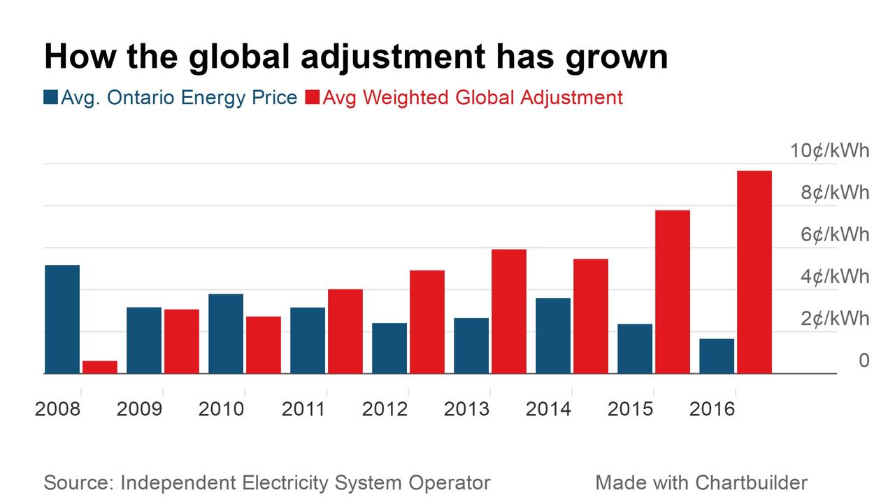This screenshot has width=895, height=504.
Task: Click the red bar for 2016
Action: click(754, 272)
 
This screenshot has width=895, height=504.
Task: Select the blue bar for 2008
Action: click(62, 319)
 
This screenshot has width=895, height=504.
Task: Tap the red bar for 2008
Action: click(99, 367)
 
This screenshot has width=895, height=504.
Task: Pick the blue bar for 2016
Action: click(716, 356)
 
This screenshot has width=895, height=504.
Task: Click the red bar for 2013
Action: click(508, 311)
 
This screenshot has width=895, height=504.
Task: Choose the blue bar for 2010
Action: click(225, 333)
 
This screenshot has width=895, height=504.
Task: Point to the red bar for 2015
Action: click(672, 291)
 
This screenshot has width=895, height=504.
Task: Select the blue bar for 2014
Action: click(552, 336)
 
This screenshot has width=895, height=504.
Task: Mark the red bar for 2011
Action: click(345, 331)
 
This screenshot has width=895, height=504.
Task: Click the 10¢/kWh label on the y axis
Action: click(830, 150)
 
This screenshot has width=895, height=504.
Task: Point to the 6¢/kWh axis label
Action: click(835, 234)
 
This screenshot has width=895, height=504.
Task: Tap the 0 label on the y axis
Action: click(864, 360)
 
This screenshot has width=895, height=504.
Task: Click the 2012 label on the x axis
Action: click(385, 409)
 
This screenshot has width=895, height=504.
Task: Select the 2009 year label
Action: click(139, 409)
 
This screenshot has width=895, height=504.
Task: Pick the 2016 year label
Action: click(712, 409)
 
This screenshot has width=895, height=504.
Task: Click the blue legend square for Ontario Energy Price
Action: click(50, 97)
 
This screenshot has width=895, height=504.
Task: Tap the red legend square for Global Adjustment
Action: click(312, 97)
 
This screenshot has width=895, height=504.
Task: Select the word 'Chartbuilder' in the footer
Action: click(751, 482)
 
